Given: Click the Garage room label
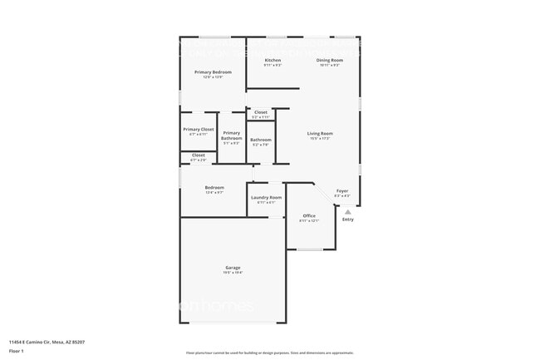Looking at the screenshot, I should click(x=233, y=268).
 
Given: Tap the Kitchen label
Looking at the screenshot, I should click(x=272, y=61).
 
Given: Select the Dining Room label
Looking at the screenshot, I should click(x=329, y=61).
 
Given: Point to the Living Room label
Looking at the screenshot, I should click(x=320, y=133).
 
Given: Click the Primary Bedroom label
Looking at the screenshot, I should click(x=213, y=72).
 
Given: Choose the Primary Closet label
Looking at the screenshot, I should click(x=199, y=129).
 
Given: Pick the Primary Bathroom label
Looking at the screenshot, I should click(x=231, y=136).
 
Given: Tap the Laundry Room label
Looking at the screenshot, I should click(x=266, y=197).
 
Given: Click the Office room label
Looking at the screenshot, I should click(x=309, y=215).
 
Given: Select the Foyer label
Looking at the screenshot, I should click(x=341, y=191).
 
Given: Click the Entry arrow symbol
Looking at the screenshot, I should click(x=348, y=212).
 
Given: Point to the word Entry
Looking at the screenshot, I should click(x=348, y=219).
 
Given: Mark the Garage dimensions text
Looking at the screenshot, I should click(x=233, y=273).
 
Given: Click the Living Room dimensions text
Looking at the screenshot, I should click(x=320, y=138).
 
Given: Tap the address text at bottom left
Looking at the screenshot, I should click(x=47, y=342).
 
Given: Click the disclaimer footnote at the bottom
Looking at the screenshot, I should click(x=269, y=353).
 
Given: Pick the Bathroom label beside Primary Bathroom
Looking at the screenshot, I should click(x=261, y=140).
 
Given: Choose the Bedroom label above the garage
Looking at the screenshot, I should click(x=214, y=187).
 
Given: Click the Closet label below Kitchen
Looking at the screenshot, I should click(x=261, y=112).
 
